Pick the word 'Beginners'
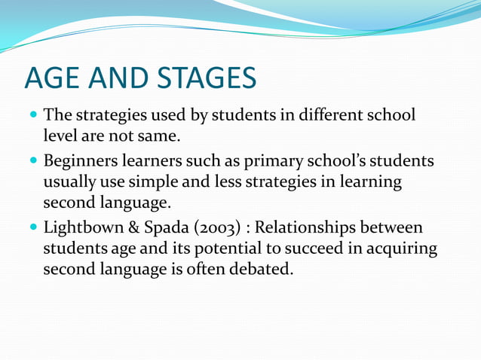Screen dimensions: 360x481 point(79,162)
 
